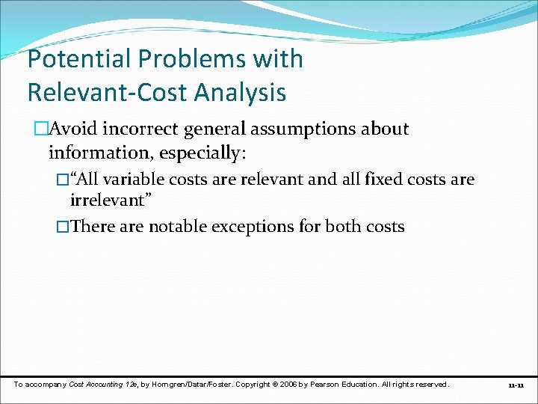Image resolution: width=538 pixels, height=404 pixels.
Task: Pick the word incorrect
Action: (x=142, y=129)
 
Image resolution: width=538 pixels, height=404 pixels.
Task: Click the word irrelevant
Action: (x=106, y=201)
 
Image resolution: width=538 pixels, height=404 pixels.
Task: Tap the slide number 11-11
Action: (x=516, y=385)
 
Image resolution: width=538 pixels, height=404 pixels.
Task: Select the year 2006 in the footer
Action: (x=288, y=385)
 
